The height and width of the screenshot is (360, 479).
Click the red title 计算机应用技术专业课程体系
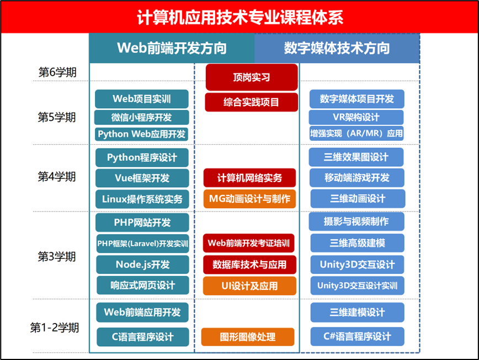(239, 17)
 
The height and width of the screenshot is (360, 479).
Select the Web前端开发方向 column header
(172, 48)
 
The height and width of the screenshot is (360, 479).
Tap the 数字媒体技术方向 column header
(337, 48)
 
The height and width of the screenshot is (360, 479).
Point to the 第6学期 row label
(57, 72)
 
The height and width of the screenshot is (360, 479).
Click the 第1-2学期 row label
(54, 327)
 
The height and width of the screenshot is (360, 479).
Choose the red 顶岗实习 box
(252, 77)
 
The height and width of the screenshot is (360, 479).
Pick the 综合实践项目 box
(252, 102)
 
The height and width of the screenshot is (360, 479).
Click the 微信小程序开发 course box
(142, 117)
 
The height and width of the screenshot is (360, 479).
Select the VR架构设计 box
(356, 117)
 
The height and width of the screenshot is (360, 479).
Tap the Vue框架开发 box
(142, 178)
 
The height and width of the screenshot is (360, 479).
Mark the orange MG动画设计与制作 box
(249, 198)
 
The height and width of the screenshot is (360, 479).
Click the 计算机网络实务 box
(249, 178)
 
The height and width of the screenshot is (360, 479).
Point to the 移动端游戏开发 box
(356, 178)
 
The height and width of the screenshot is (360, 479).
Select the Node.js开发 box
(142, 264)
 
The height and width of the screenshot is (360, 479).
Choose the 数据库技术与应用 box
(249, 264)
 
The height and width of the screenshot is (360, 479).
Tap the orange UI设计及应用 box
(249, 285)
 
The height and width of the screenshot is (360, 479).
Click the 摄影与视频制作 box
(356, 221)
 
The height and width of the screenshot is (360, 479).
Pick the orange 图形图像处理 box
(248, 337)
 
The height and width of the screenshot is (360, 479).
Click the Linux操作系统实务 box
(142, 198)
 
